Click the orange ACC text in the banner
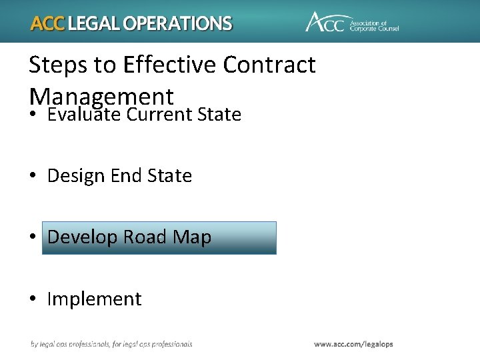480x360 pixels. click(x=48, y=24)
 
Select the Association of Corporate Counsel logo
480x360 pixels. click(x=351, y=22)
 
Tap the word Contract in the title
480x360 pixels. click(x=269, y=65)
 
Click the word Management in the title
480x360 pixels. click(x=101, y=96)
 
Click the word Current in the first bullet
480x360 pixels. click(x=159, y=115)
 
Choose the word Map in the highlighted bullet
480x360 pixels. click(x=192, y=238)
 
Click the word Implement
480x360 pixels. click(x=94, y=299)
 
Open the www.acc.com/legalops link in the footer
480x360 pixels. click(x=353, y=344)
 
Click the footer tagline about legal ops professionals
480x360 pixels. click(x=111, y=344)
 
